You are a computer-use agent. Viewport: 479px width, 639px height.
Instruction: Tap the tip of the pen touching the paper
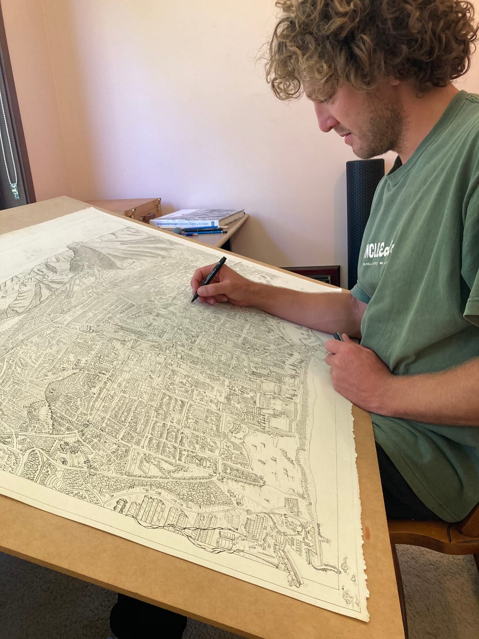point(193,301)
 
